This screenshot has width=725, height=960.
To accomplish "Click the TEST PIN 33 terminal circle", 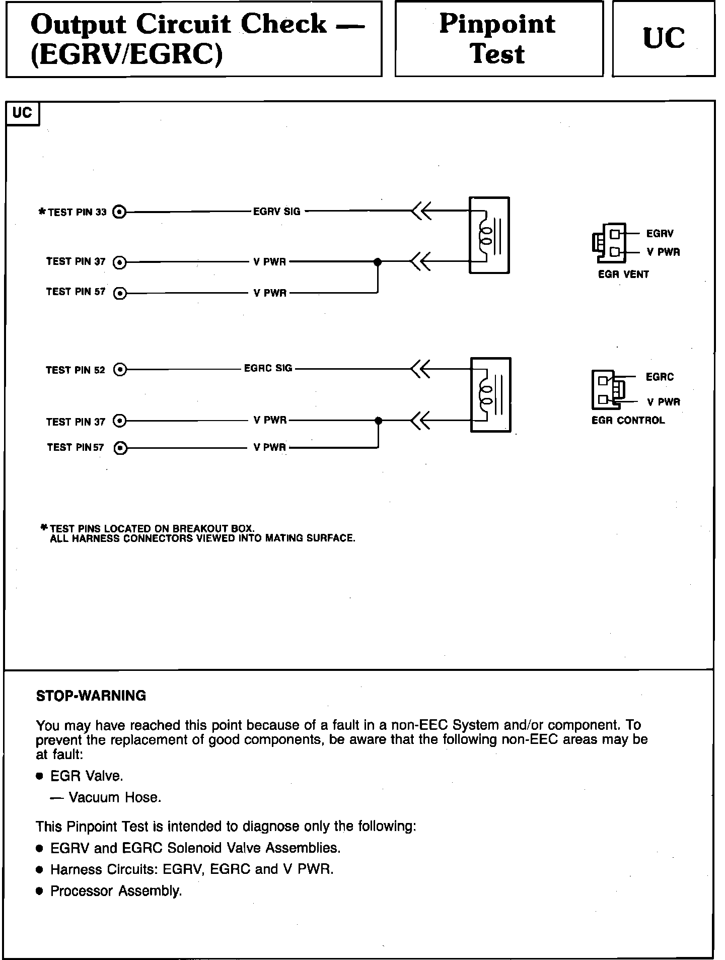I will (119, 212).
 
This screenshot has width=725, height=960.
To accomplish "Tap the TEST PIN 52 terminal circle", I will (120, 370).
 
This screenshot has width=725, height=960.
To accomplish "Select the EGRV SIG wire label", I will (276, 212).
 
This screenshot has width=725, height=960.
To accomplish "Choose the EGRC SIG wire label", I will (268, 368).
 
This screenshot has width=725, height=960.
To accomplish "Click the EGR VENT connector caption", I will (623, 275).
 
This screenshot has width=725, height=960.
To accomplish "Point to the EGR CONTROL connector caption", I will (628, 420).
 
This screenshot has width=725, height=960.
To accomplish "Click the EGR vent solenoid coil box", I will (489, 235).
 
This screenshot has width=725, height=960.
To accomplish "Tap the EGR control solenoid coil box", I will (490, 394).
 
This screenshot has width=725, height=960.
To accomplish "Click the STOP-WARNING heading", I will (91, 696).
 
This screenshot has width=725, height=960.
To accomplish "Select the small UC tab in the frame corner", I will (22, 113).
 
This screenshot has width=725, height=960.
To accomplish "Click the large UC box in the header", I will (664, 39).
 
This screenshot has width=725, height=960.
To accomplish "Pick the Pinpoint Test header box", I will (498, 39).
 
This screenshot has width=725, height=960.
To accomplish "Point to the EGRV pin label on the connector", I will (660, 234).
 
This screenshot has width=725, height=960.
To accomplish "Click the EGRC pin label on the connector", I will (660, 377).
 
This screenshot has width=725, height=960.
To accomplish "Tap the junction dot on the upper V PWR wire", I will (378, 262).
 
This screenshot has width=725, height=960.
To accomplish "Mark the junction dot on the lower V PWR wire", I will (379, 421).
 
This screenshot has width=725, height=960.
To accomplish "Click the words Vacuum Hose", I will (115, 797).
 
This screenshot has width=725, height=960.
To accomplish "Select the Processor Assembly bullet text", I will (116, 891).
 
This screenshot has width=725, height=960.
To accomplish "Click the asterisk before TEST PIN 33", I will (42, 212).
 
